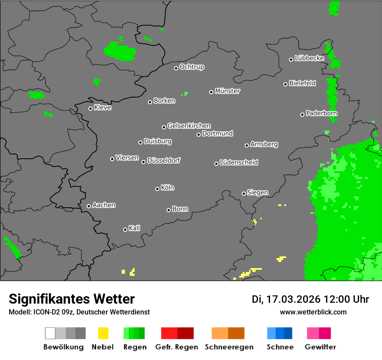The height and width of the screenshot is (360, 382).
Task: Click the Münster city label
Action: (x=227, y=91)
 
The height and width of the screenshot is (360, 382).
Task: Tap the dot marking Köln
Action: (x=157, y=189)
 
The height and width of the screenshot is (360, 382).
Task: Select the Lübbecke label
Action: (x=310, y=58)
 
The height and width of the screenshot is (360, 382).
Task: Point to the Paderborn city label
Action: (x=322, y=113)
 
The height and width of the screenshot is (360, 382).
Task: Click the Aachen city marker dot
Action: (x=89, y=206)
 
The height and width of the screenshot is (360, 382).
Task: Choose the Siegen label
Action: (x=258, y=193)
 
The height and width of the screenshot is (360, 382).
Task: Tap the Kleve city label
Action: (x=103, y=108)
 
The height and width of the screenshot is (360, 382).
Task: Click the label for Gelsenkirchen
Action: (x=189, y=126)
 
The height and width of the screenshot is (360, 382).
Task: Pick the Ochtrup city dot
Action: (x=176, y=68)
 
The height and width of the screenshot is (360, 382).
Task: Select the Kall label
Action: (x=135, y=228)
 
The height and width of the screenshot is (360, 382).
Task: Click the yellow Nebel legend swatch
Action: (x=103, y=333)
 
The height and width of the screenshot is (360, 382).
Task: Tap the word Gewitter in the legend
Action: (x=320, y=347)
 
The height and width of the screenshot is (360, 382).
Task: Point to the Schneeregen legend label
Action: (x=229, y=347)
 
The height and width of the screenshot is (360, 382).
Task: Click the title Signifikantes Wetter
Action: (x=72, y=299)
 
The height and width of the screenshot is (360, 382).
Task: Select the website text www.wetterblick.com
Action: (x=313, y=312)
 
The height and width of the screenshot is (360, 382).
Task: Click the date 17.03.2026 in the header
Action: (x=293, y=299)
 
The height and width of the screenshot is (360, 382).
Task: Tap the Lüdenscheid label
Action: (x=239, y=163)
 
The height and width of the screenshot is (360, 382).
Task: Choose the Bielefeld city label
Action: (x=303, y=83)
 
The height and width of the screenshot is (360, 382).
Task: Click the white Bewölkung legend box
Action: (x=50, y=333)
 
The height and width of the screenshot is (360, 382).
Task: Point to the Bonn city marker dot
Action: (x=168, y=210)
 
